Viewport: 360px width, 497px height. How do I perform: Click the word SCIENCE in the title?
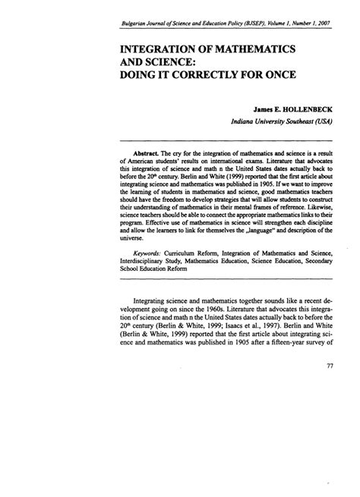(x=183, y=62)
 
